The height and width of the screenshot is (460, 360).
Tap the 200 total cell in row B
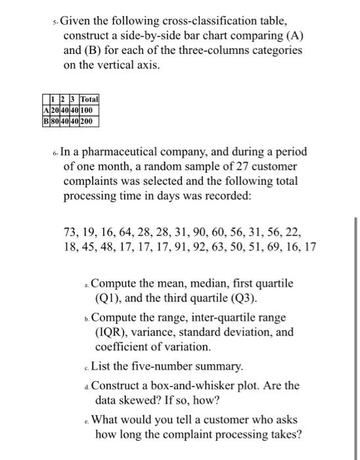point(88,121)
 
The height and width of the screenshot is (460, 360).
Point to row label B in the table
point(44,121)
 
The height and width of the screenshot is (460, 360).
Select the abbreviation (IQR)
point(112,333)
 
